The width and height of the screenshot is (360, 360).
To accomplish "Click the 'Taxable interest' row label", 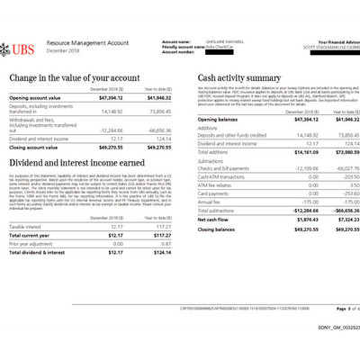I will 28,227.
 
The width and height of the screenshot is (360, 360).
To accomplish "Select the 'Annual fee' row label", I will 210,202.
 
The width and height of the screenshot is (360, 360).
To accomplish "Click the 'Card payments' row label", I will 214,193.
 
